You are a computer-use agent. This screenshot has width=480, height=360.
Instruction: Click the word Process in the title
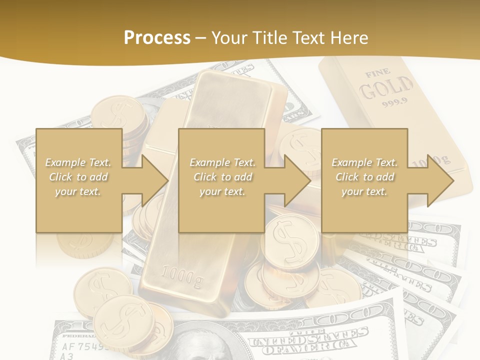pyautogui.click(x=157, y=38)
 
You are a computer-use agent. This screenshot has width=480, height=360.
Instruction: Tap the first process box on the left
pyautogui.click(x=79, y=180)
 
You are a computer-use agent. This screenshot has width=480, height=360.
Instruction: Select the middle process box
pyautogui.click(x=221, y=180)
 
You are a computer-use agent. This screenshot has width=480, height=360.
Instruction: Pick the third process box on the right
pyautogui.click(x=364, y=180)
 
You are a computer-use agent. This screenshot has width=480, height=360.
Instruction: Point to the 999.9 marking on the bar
pyautogui.click(x=395, y=104)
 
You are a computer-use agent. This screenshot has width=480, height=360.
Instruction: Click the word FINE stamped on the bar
pyautogui.click(x=377, y=74)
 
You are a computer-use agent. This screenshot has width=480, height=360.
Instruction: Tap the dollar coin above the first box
pyautogui.click(x=115, y=113)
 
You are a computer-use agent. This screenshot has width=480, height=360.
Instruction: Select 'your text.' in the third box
pyautogui.click(x=364, y=191)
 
